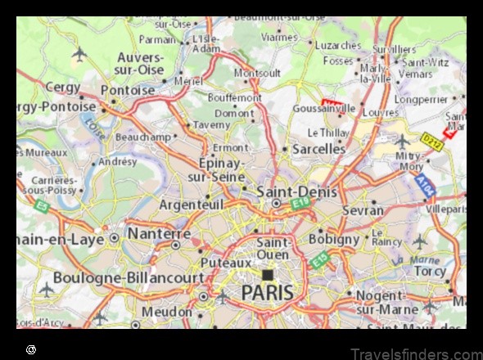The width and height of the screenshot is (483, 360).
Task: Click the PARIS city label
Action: pyautogui.click(x=267, y=293)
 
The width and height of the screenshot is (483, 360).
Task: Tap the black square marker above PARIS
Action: pyautogui.click(x=267, y=275)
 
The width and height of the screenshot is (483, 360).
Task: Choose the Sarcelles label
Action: pyautogui.click(x=319, y=149)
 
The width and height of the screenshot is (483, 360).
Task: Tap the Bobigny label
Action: pyautogui.click(x=334, y=239)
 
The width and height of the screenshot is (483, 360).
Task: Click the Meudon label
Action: pyautogui.click(x=167, y=312)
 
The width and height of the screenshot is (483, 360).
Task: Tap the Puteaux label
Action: pyautogui.click(x=226, y=263)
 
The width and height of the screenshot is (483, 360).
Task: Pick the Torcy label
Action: pyautogui.click(x=430, y=271)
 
